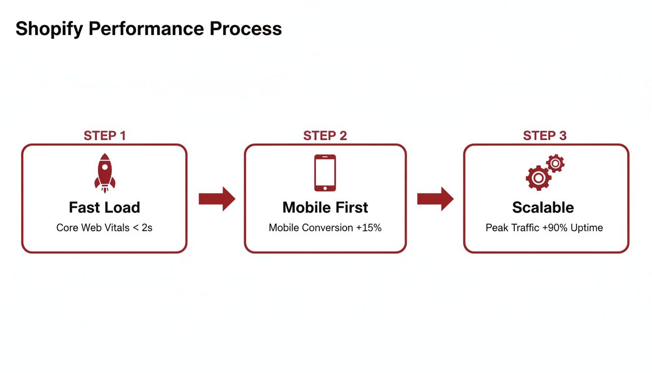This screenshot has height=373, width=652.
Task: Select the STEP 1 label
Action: pos(104,136)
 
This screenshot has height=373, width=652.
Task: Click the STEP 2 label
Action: pos(325,136)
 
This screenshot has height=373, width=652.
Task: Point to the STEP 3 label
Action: pos(544,136)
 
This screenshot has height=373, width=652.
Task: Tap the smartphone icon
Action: pos(325,173)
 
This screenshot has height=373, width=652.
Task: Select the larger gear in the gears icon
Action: pos(538,178)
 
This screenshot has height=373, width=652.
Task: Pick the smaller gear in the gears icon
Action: pos(555,164)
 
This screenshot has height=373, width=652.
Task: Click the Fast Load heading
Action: pos(104,207)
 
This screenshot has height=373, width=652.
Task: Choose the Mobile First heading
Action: pos(325,207)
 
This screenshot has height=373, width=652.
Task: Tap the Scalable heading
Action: pos(543,207)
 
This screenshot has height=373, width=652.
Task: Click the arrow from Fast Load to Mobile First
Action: pos(216,199)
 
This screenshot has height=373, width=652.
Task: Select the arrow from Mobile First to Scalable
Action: pos(435,199)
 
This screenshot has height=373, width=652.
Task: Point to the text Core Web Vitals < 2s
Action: pos(104,227)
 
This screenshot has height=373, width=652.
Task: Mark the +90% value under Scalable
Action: pos(554,227)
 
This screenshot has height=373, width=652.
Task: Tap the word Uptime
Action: pos(587,227)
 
